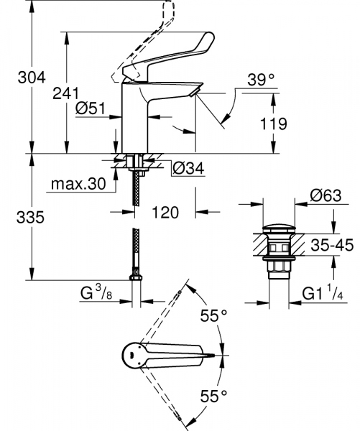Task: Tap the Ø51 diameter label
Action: tap(92, 109)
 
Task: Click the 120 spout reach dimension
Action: tap(166, 212)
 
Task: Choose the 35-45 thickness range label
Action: tap(331, 246)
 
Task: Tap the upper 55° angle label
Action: tap(213, 315)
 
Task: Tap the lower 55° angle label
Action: tap(213, 394)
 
